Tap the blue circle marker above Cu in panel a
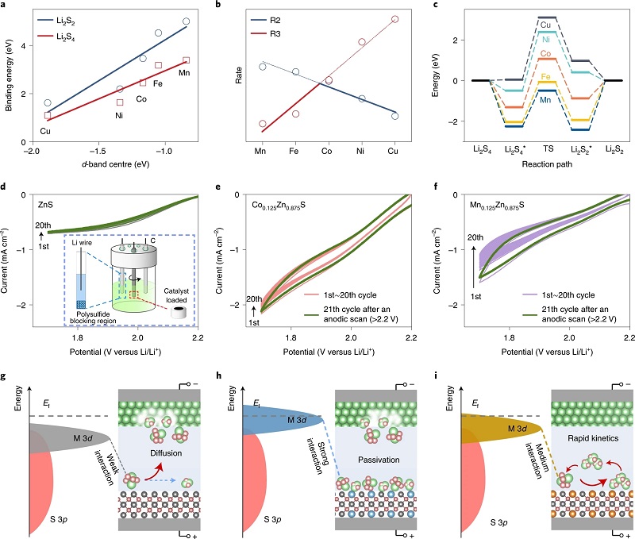47,103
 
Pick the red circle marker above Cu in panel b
395,19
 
